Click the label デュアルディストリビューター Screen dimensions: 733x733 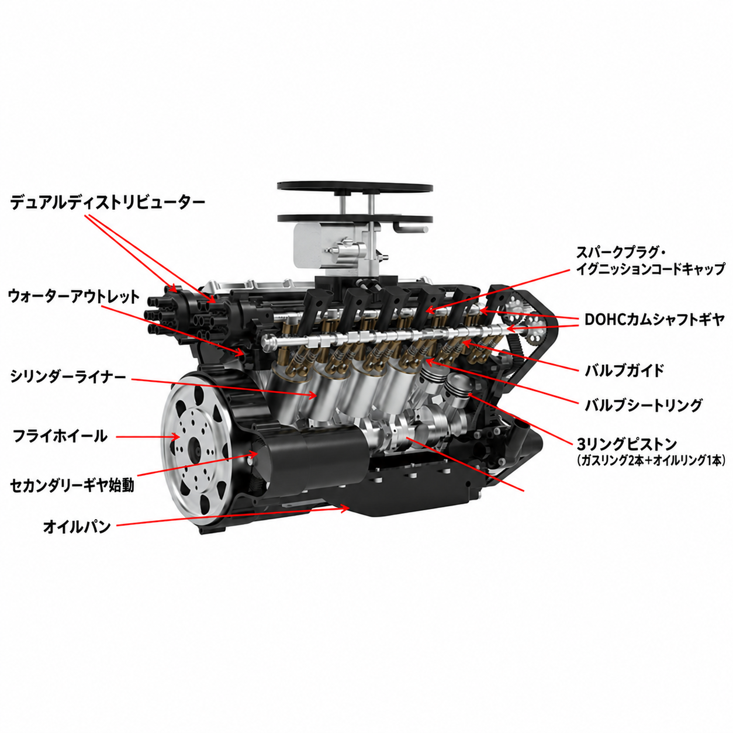108,202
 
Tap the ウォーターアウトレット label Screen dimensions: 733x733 74,297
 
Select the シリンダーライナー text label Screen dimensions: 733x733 68,376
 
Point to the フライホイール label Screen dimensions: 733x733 60,436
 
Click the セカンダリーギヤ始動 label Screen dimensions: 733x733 72,486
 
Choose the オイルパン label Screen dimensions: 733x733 77,527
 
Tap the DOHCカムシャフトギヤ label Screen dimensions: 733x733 654,320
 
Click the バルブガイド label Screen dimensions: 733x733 624,370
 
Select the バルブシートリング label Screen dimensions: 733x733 643,406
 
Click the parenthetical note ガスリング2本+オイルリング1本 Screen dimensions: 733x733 651,461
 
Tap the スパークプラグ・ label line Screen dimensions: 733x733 620,253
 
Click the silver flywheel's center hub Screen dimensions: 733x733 195,448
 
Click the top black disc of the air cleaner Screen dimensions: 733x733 355,188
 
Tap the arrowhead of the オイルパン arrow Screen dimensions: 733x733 346,508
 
